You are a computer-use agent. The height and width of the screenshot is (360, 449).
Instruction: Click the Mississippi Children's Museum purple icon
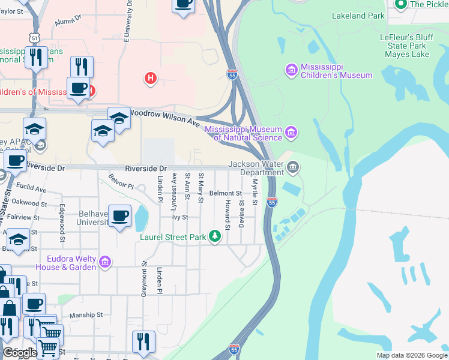(x=291, y=70)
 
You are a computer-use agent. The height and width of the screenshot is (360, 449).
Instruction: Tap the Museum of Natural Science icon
(x=291, y=131)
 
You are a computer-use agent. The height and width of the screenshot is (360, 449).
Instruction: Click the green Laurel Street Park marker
(x=215, y=236)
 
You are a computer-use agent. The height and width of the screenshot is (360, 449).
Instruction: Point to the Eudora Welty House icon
(x=105, y=262)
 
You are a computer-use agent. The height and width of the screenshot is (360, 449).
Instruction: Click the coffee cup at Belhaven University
(x=120, y=217)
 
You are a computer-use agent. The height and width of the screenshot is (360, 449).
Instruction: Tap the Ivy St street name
(x=180, y=217)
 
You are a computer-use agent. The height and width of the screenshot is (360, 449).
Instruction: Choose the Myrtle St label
(x=255, y=192)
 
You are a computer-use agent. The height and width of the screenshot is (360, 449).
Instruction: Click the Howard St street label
(x=228, y=215)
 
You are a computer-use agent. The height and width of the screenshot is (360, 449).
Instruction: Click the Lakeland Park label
(x=358, y=16)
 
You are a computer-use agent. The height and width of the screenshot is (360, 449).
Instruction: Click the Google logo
(x=19, y=352)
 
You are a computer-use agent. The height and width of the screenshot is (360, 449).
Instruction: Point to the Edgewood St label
(x=62, y=218)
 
